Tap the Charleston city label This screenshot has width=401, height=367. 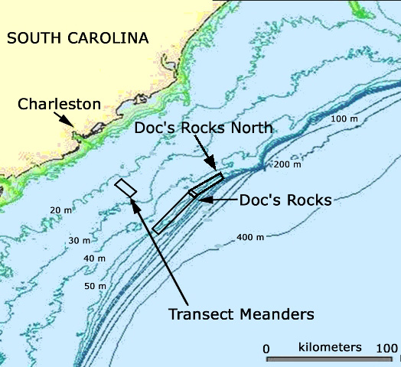59,103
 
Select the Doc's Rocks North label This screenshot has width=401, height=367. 204,128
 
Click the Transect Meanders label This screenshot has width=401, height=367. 242,313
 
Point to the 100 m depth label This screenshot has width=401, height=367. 345,119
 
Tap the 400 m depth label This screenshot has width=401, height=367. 250,238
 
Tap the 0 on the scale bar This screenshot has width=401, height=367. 266,349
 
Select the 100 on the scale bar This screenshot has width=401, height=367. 384,349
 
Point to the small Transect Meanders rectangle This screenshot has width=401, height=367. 126,187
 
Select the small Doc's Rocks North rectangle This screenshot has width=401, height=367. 206,184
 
